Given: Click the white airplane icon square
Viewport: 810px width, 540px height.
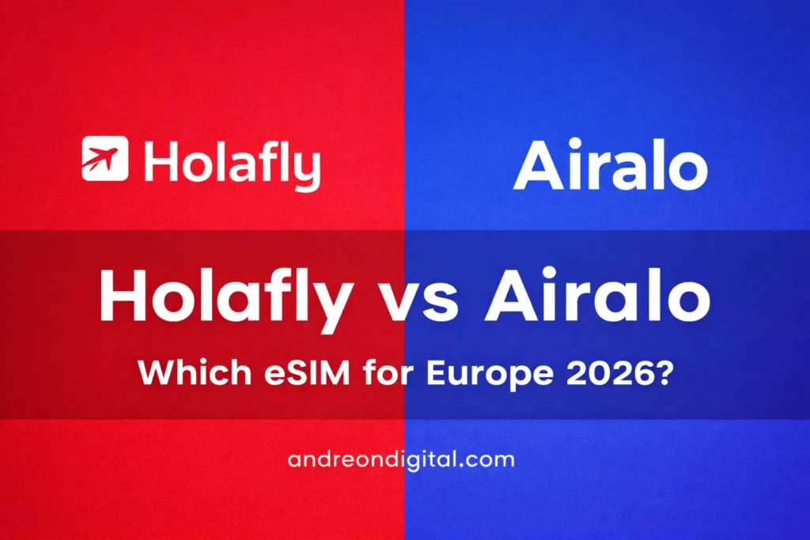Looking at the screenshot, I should click(105, 158).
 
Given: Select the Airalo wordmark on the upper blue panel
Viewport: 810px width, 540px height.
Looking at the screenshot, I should click(610, 167).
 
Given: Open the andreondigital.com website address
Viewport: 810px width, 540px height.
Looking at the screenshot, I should click(402, 459).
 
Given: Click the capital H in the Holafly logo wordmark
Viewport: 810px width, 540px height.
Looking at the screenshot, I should click(159, 162).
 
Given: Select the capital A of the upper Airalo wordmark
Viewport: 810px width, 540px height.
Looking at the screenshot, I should click(539, 167).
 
